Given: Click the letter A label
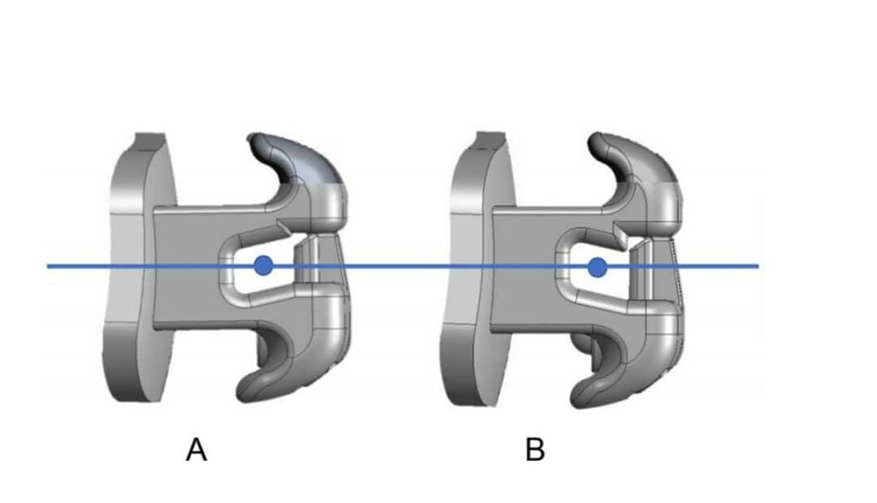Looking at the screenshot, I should [197, 449].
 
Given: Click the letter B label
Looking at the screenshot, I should [534, 449].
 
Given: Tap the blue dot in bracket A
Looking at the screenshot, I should [262, 265].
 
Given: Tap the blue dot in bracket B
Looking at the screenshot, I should [598, 266].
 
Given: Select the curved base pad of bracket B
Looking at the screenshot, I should [471, 268].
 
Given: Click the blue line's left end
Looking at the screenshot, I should [49, 265].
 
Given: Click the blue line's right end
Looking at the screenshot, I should [757, 265].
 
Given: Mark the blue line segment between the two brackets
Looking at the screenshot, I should [398, 265].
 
